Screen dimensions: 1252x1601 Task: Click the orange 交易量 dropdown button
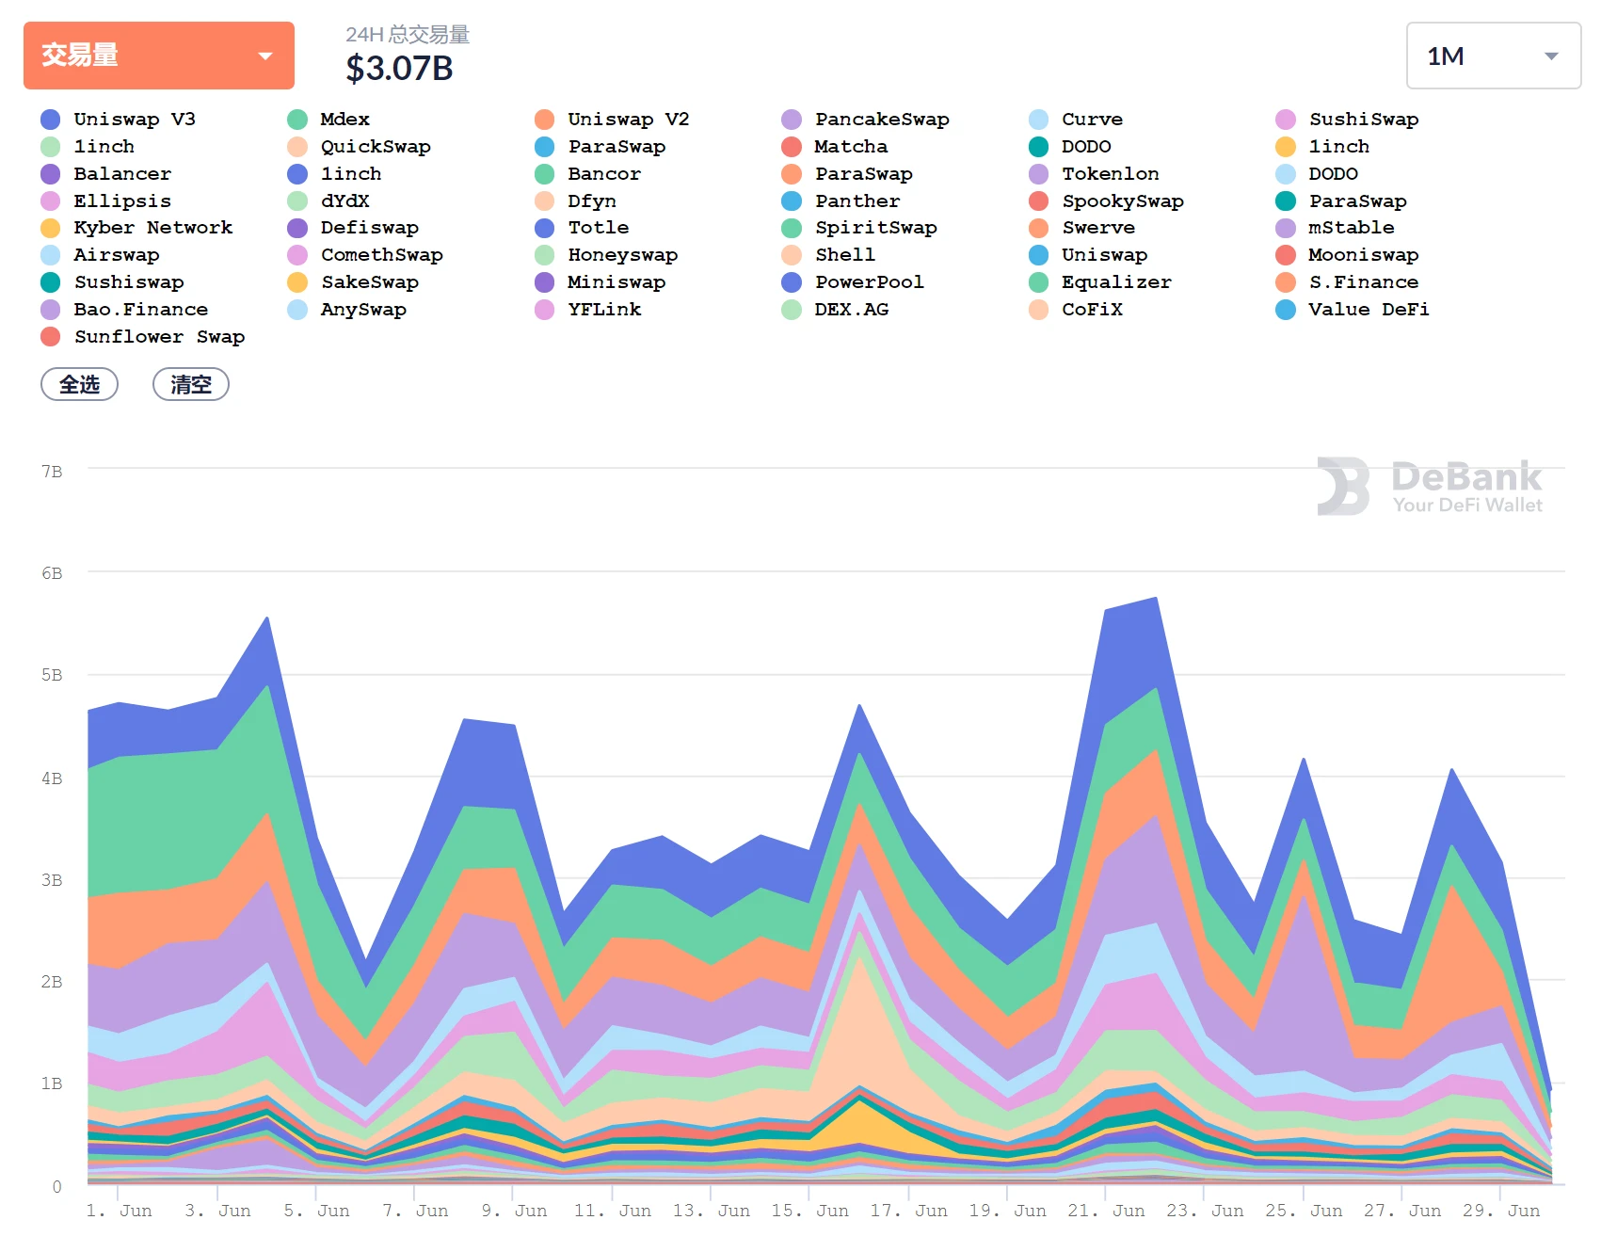[x=158, y=56]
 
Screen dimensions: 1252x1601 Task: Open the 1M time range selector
[x=1492, y=56]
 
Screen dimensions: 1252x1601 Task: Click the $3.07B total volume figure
[x=399, y=69]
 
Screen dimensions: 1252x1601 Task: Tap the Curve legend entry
[x=1091, y=120]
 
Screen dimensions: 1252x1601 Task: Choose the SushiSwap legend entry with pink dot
[x=1362, y=120]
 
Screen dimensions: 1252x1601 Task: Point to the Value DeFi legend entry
[x=1367, y=310]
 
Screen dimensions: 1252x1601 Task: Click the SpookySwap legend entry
[x=1122, y=201]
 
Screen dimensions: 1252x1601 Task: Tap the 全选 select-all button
[x=79, y=384]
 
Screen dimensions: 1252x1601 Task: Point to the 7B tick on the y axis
[x=52, y=472]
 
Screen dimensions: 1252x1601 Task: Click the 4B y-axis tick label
[x=52, y=778]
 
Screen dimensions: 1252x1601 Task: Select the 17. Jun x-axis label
[x=908, y=1211]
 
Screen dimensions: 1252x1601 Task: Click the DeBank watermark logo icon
[x=1343, y=487]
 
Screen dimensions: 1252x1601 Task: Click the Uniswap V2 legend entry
[x=627, y=120]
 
